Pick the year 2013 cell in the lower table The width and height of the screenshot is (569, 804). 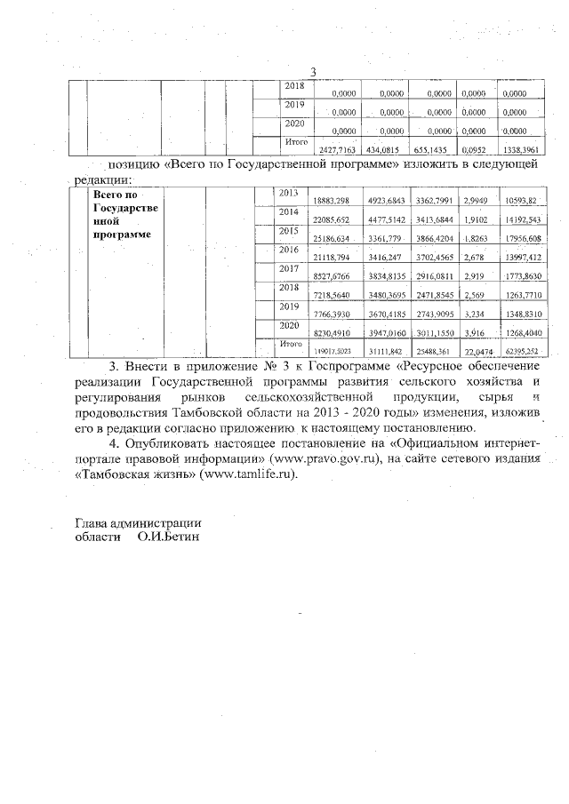click(x=290, y=193)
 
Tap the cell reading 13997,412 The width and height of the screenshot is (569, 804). click(x=522, y=258)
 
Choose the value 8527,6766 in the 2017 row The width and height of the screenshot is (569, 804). click(x=335, y=277)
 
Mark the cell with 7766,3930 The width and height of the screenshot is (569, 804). click(x=335, y=315)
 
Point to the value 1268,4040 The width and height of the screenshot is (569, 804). click(x=522, y=334)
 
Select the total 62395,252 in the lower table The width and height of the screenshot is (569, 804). click(x=522, y=352)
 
